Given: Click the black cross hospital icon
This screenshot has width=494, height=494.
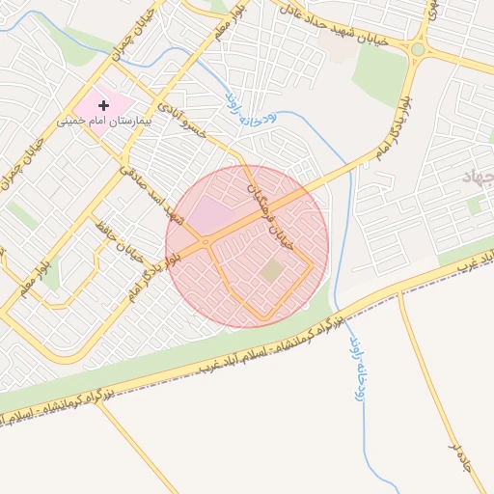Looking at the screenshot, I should (x=104, y=104).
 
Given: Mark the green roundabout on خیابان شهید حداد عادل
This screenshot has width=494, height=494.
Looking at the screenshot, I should (x=418, y=49).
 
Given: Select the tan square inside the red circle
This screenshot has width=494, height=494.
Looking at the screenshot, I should (x=272, y=272).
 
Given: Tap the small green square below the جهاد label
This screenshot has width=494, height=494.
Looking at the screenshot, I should (x=474, y=206).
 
